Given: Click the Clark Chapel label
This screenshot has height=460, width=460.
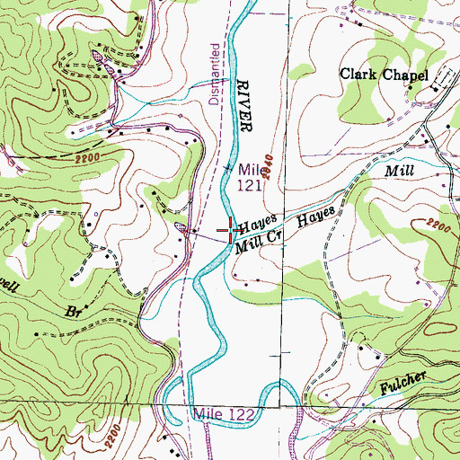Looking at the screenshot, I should tap(383, 75).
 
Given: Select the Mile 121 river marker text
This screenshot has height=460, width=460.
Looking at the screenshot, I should tap(250, 177).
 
